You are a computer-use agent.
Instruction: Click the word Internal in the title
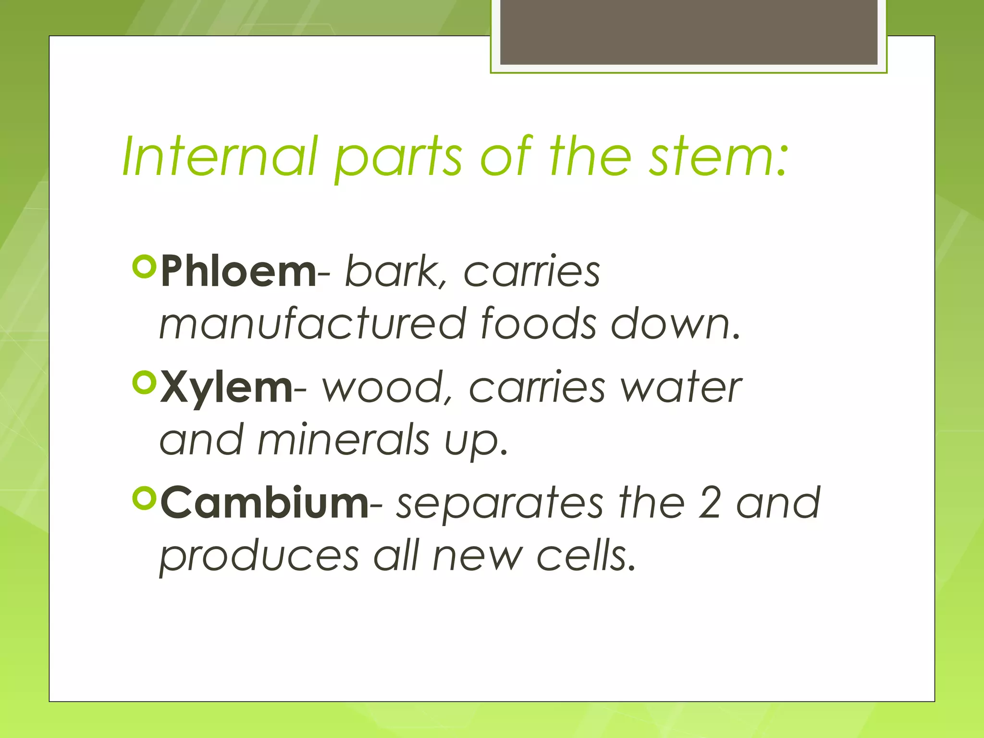[220, 157]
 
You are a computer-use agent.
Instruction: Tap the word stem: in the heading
[718, 157]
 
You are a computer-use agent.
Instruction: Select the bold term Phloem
[238, 271]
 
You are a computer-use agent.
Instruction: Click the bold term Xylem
[226, 387]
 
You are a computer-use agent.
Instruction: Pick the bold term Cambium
[264, 503]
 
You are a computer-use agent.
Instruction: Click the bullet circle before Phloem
[144, 267]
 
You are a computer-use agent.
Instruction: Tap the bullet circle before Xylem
[144, 382]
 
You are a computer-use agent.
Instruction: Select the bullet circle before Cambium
[144, 498]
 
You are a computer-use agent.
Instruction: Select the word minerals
[343, 440]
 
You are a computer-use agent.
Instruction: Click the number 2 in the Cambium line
[710, 503]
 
